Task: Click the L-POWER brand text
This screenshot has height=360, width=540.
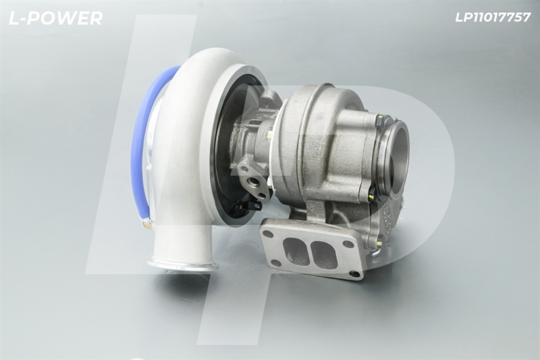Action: [x=55, y=18]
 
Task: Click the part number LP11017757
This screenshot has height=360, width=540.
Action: [x=493, y=18]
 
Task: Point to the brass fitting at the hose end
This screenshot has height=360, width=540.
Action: [x=146, y=224]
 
